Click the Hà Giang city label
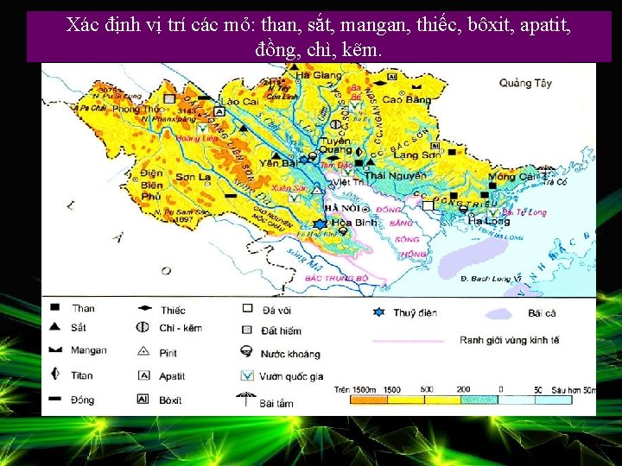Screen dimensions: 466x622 click(x=319, y=76)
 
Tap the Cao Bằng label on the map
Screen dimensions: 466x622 click(x=406, y=99)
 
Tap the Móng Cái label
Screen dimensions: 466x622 click(x=511, y=177)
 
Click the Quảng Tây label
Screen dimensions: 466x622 click(x=525, y=84)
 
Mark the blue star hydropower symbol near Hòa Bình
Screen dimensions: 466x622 click(x=321, y=224)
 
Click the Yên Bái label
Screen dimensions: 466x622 click(x=282, y=162)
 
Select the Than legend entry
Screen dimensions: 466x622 click(x=84, y=308)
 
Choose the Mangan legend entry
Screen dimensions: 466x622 click(x=90, y=350)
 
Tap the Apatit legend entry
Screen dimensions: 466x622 click(x=173, y=376)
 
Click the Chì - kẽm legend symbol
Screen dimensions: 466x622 click(x=143, y=328)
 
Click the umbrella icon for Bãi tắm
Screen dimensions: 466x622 click(x=247, y=400)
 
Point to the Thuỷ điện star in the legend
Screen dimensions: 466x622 click(x=377, y=312)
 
